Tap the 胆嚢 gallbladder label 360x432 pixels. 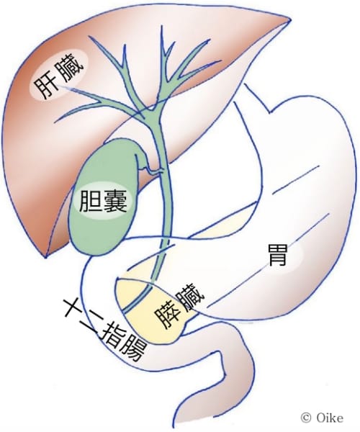(x=103, y=202)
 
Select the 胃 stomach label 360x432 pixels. (x=277, y=255)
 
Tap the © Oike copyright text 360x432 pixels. (x=322, y=418)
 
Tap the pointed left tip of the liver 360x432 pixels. (x=289, y=20)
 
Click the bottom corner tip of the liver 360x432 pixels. (x=46, y=257)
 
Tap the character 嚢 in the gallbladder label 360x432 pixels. (x=116, y=202)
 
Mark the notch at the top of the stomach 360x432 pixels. (x=270, y=112)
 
